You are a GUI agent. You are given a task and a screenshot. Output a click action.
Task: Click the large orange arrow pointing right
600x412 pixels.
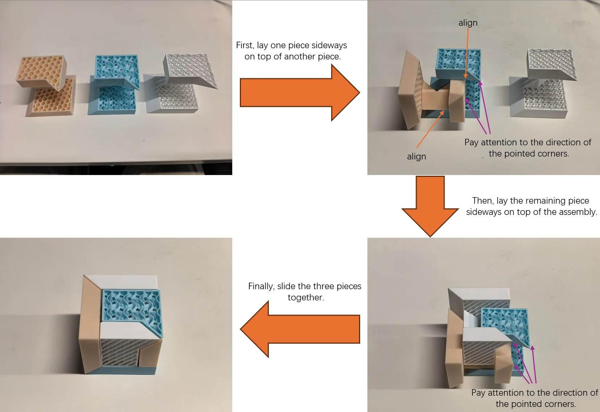(300, 93)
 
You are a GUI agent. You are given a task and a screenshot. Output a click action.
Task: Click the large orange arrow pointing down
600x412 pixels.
(430, 206)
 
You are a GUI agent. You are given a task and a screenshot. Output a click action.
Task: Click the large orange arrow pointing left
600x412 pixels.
(300, 329)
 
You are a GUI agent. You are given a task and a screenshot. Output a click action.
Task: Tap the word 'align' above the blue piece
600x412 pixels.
(468, 23)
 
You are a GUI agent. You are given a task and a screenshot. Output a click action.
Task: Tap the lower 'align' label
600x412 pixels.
(417, 157)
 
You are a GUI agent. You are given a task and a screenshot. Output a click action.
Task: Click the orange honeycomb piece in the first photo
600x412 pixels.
(46, 86)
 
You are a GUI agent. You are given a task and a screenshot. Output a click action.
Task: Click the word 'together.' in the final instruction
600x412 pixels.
(306, 297)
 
